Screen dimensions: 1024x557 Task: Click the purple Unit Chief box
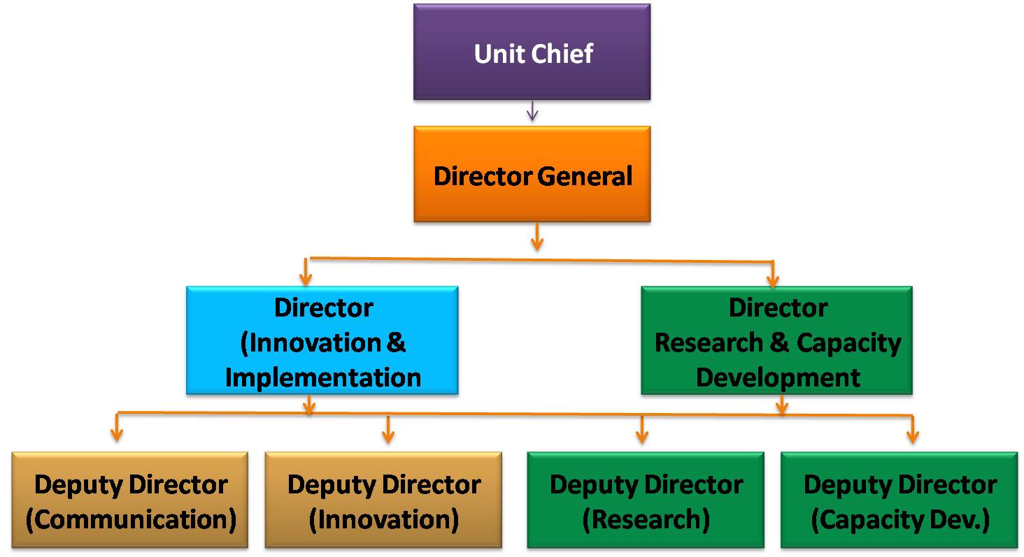pos(532,52)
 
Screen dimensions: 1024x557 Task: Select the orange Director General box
pos(532,174)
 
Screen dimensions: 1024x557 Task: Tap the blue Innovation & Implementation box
pos(322,340)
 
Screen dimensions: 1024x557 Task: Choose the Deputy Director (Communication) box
pos(130,500)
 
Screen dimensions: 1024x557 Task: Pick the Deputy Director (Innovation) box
pos(383,500)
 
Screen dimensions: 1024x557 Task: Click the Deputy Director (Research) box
pos(646,500)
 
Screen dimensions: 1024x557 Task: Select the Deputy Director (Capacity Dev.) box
pos(899,500)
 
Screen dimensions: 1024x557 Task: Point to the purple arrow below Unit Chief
pos(532,111)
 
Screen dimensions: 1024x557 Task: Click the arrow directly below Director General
pos(537,237)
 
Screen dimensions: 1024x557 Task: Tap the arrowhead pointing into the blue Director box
pos(306,279)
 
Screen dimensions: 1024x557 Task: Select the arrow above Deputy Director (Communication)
pos(117,427)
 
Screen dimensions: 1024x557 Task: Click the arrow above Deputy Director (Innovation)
pos(388,430)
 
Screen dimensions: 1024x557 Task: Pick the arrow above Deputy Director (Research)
pos(642,430)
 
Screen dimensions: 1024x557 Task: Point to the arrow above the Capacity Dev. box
pos(913,430)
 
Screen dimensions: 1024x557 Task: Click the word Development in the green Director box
pos(778,378)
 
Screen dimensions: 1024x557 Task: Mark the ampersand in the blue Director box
pos(396,342)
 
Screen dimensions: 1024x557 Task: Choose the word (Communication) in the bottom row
pos(131,520)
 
